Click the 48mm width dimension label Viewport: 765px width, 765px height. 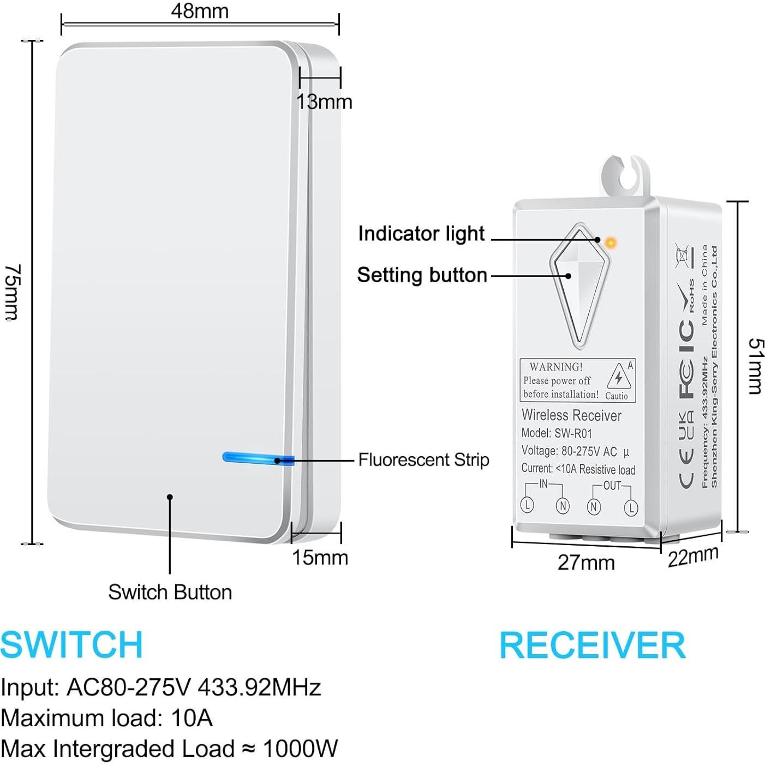[200, 11]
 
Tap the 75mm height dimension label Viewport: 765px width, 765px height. [12, 292]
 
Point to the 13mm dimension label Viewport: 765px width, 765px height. [324, 102]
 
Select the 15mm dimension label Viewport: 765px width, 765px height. [320, 558]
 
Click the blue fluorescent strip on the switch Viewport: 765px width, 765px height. [256, 458]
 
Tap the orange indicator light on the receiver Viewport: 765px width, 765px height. [611, 242]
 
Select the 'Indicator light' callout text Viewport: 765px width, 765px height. [421, 234]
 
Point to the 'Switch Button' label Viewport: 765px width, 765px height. [170, 592]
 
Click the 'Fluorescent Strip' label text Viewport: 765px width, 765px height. [423, 460]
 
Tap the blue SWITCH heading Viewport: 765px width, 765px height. [71, 644]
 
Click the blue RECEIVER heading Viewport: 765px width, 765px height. [592, 646]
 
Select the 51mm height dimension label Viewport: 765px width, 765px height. [755, 366]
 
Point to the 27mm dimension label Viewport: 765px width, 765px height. [586, 563]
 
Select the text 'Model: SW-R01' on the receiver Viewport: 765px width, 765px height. [557, 433]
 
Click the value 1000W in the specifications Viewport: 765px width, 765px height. [300, 749]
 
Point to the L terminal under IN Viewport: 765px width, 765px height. [527, 505]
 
